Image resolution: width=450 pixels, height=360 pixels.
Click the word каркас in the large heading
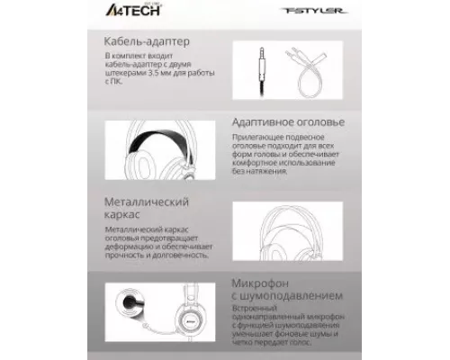tap(124, 213)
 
